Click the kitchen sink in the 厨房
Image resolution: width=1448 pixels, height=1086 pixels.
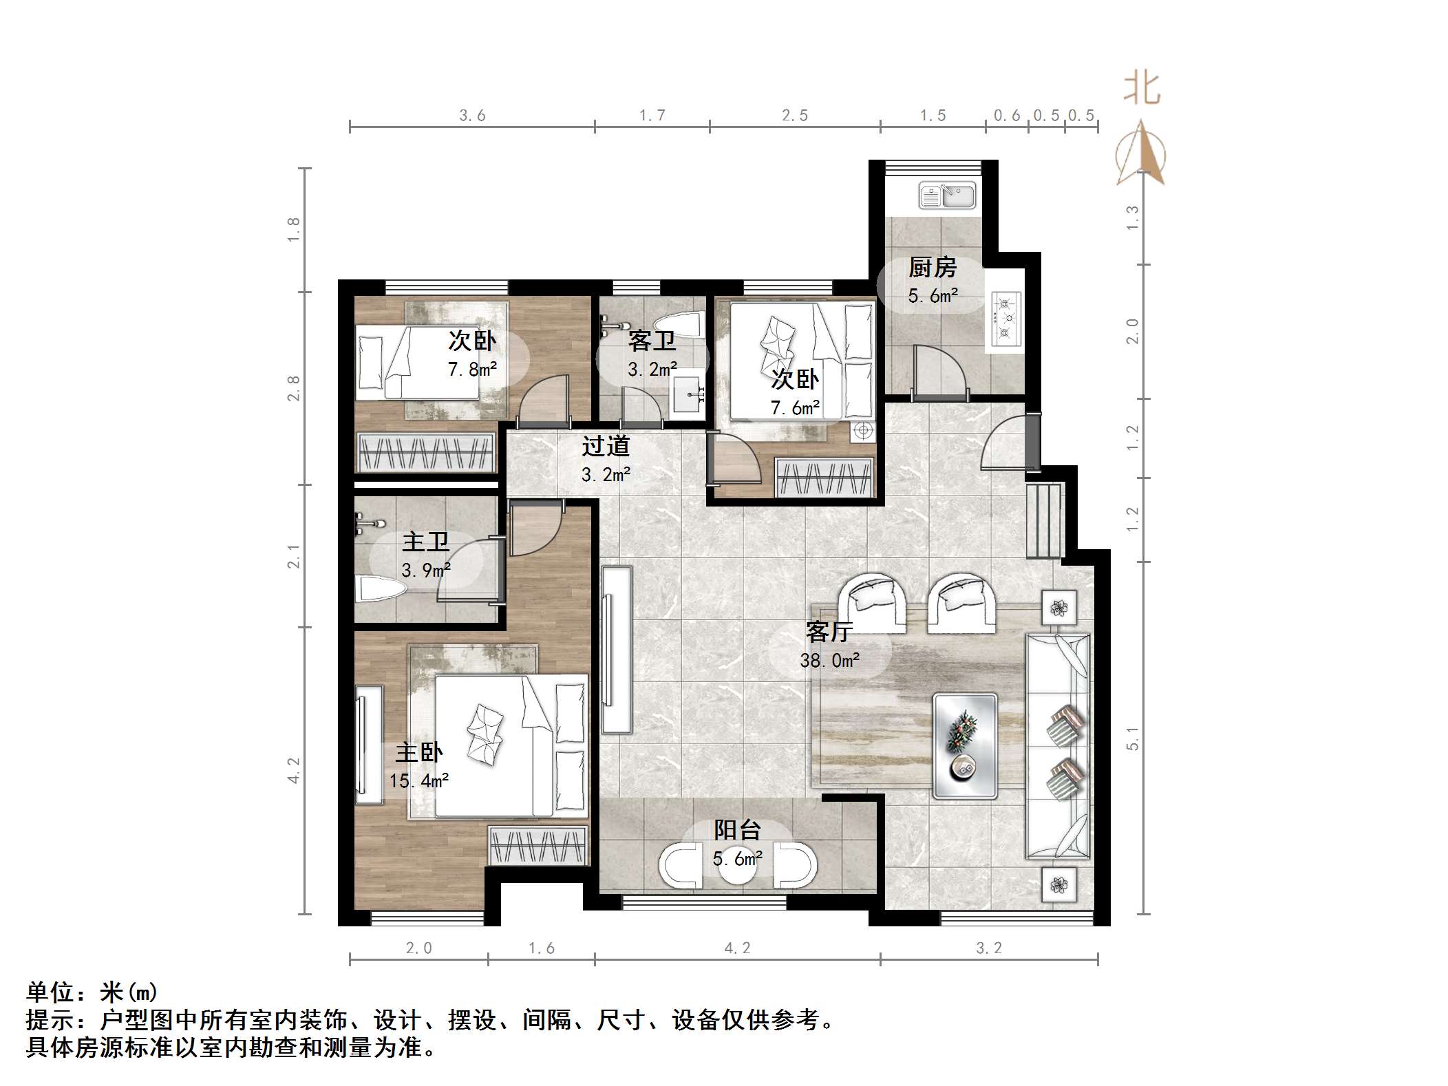(947, 195)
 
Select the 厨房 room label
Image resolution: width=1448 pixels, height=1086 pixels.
(933, 268)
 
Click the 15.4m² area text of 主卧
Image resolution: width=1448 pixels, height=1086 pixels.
(418, 781)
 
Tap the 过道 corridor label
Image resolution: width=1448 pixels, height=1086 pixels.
(606, 447)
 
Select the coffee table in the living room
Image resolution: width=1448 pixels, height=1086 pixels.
(965, 746)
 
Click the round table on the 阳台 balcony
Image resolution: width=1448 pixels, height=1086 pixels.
(737, 869)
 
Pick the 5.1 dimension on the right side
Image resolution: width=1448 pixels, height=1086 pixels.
(1132, 738)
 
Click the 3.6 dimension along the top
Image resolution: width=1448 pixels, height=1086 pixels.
(472, 116)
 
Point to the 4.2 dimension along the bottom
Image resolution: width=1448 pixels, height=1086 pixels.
(737, 948)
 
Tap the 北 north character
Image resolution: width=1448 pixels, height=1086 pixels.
(1142, 89)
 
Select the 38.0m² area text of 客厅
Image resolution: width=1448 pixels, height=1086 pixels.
(829, 661)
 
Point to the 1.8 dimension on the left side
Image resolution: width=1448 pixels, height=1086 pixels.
(294, 229)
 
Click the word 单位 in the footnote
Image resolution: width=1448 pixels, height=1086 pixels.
(50, 992)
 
